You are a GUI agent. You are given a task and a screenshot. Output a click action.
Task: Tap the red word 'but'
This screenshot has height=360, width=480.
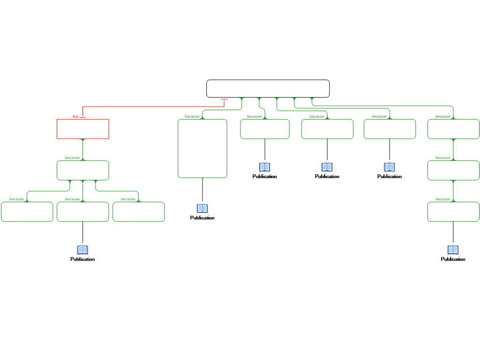point(75,116)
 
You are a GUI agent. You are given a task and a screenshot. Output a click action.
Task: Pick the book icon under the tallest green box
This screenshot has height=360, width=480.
point(202,209)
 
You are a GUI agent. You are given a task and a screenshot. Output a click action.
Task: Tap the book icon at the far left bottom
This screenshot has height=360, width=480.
point(82,250)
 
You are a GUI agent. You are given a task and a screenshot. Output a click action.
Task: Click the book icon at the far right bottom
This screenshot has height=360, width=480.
point(453,250)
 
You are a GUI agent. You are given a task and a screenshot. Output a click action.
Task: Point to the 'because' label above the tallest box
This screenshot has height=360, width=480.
point(192,116)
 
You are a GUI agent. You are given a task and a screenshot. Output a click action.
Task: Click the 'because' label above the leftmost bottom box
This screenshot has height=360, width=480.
point(16,199)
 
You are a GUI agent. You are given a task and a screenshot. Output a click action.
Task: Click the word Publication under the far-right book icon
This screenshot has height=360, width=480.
point(453,259)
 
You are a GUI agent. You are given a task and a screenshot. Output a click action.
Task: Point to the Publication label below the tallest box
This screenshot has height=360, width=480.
point(202,217)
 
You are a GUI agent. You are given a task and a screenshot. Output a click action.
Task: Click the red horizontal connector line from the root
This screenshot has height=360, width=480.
point(153,107)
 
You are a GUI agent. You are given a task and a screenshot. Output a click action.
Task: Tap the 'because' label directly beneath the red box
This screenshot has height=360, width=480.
point(72,157)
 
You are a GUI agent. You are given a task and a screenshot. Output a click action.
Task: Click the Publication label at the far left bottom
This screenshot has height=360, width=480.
point(82,259)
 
